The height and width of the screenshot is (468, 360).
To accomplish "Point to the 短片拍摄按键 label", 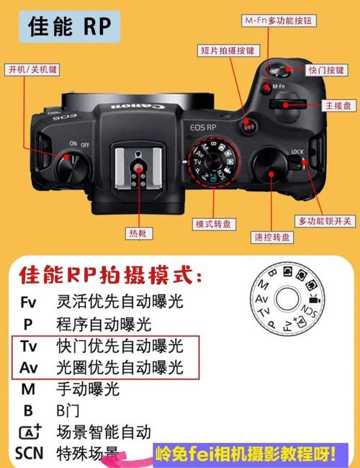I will coord(226,50).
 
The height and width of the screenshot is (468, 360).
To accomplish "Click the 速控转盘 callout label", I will coord(272,237).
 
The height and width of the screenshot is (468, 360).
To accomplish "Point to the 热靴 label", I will coord(136,234).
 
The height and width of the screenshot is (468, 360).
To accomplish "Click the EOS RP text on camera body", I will coord(203,127).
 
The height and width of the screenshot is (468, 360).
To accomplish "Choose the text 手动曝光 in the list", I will coord(87,390).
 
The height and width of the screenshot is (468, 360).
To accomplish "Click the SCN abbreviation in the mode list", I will coord(29,454).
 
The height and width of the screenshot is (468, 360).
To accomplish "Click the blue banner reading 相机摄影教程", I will coord(245,454).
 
